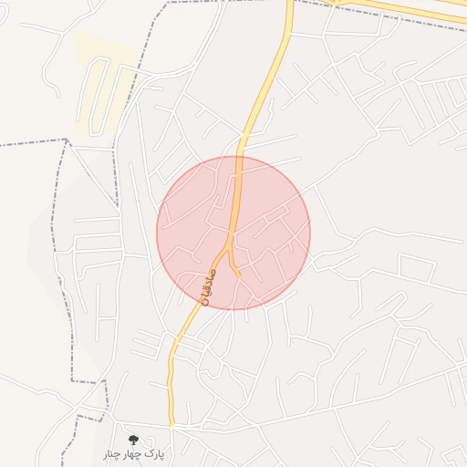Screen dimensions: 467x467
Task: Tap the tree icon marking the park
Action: pos(134,440)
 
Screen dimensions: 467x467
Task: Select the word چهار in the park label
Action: pos(135,453)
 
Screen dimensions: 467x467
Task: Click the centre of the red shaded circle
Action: pos(233,233)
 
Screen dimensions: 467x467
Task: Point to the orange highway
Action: pos(401,10)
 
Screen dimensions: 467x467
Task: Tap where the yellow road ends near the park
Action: pos(171,424)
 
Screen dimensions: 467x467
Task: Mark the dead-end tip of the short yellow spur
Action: pos(239,275)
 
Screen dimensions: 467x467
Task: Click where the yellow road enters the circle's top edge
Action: pos(239,156)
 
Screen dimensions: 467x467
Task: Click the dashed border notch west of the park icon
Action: pos(91,418)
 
